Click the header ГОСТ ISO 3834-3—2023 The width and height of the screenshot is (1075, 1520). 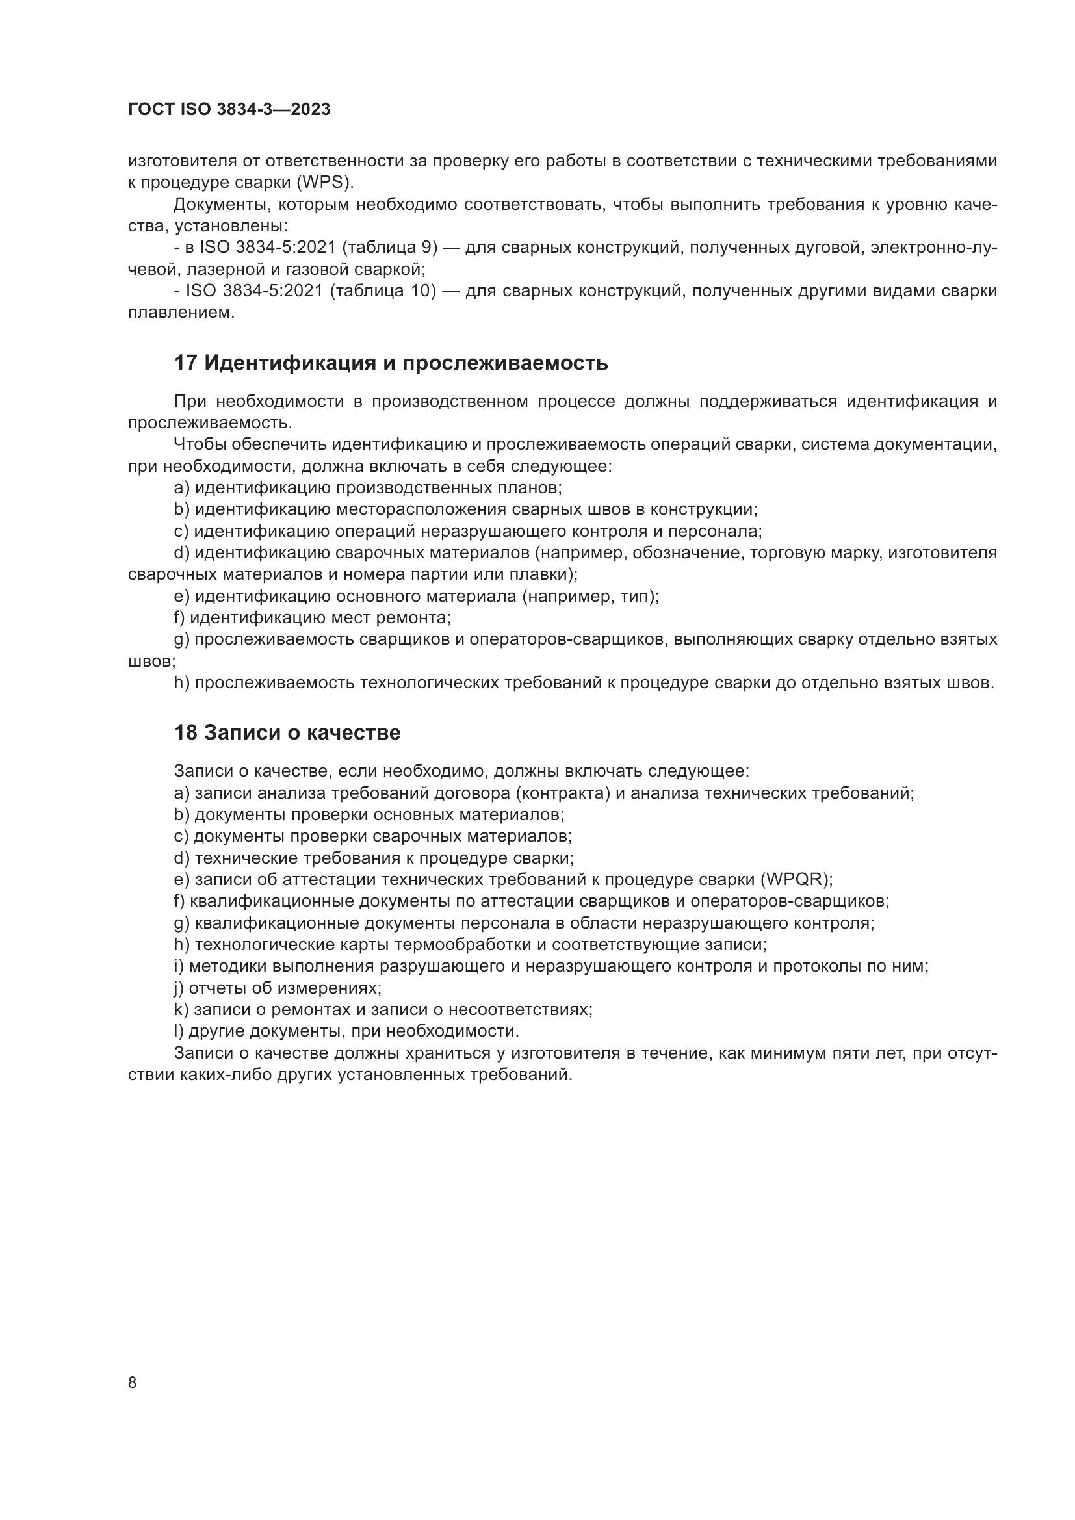(x=229, y=110)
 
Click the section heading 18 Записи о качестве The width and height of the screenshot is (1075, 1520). (x=287, y=733)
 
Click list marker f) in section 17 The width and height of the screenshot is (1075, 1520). (x=179, y=617)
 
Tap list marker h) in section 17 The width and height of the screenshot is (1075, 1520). (x=182, y=683)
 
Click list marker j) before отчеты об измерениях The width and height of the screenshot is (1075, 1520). (x=179, y=988)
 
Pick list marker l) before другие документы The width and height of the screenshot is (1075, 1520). (x=179, y=1031)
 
